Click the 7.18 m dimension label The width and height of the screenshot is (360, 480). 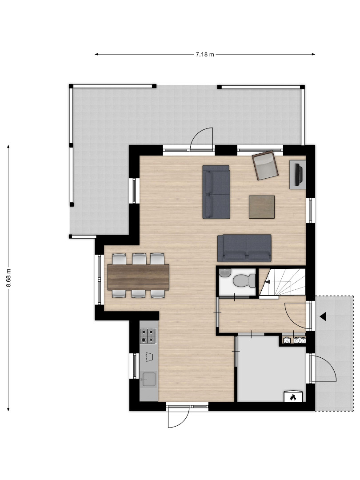pyautogui.click(x=205, y=55)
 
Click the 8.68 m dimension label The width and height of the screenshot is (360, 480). pyautogui.click(x=8, y=278)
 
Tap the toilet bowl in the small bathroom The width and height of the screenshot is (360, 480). pyautogui.click(x=244, y=280)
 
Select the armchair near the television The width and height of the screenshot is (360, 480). pyautogui.click(x=265, y=165)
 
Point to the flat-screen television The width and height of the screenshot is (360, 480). pyautogui.click(x=299, y=175)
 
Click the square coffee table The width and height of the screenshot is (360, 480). pyautogui.click(x=261, y=207)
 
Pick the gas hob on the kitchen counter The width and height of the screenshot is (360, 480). pyautogui.click(x=148, y=336)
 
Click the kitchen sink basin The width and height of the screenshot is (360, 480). pyautogui.click(x=149, y=379)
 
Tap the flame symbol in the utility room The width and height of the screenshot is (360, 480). pyautogui.click(x=293, y=397)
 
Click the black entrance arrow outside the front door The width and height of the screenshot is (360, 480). pyautogui.click(x=323, y=317)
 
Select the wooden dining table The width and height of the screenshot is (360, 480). pyautogui.click(x=138, y=277)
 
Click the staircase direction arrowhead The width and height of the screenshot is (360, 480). pyautogui.click(x=267, y=282)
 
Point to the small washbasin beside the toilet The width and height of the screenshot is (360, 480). pyautogui.click(x=224, y=272)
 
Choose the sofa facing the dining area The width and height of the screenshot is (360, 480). pyautogui.click(x=216, y=192)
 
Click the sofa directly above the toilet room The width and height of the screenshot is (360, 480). pyautogui.click(x=244, y=248)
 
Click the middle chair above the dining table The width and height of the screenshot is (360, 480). pyautogui.click(x=139, y=259)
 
